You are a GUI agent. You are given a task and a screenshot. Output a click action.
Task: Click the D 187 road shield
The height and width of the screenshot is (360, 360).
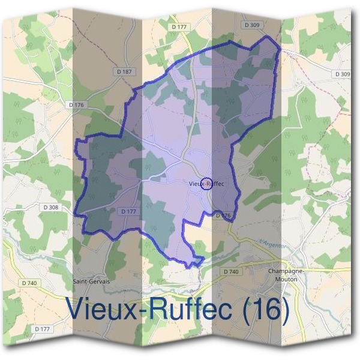pos(124,71)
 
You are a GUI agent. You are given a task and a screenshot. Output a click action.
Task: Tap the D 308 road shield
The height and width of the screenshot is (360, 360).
pos(51,207)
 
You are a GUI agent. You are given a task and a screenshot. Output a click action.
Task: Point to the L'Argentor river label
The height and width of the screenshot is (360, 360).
pos(274,244)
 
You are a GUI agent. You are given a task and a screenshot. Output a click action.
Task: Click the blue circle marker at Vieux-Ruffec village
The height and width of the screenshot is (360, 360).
pos(205,183)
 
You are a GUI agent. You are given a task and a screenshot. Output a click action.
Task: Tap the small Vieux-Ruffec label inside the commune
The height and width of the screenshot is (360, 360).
pos(206,184)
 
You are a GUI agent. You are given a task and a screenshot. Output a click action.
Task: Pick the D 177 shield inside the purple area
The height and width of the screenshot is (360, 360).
pos(129,211)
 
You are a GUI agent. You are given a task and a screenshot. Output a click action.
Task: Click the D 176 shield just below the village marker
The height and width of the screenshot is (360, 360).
pos(222,215)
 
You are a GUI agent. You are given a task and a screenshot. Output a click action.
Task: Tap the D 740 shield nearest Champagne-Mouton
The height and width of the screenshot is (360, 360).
pos(231,272)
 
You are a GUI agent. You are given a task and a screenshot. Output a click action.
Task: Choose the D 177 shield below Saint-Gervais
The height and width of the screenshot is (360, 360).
pos(42,328)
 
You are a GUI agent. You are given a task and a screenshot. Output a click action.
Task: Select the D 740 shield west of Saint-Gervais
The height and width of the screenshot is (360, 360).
pos(28,282)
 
